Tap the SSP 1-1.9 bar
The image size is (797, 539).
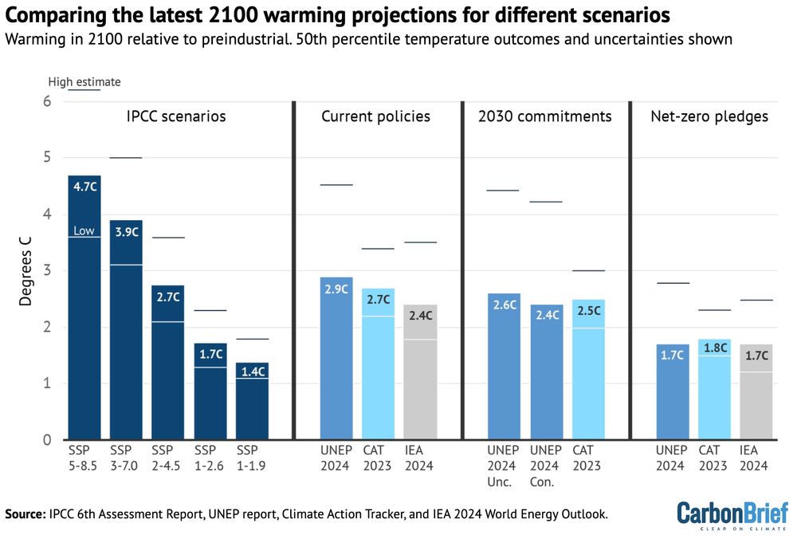252,407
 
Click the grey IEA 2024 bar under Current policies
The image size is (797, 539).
419,383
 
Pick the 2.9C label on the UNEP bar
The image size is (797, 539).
336,289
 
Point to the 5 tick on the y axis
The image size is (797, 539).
47,158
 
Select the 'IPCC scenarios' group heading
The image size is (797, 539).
176,116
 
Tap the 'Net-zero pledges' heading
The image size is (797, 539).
709,116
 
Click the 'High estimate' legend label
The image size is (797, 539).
84,81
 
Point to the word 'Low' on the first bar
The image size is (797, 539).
84,230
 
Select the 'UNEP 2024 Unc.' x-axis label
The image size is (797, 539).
503,466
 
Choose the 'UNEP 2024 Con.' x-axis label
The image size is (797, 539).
545,466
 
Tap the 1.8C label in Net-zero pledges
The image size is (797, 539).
714,348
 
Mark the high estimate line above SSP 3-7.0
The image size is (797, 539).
125,158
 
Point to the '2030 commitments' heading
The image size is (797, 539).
544,116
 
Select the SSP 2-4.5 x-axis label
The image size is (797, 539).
167,458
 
